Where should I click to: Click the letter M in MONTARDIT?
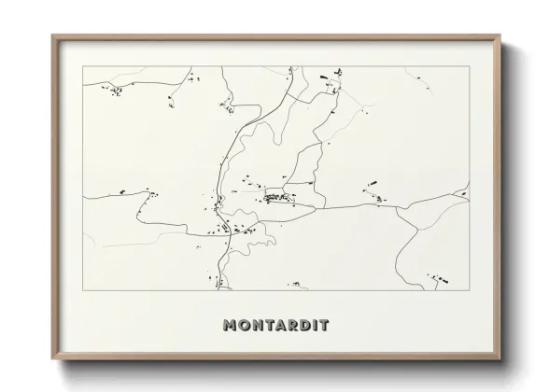[x=231, y=326]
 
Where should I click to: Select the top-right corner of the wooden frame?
[x=501, y=36]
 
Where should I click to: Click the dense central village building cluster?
[x=277, y=197]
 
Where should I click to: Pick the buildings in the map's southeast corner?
[x=436, y=277]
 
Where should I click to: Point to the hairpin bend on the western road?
[x=148, y=193]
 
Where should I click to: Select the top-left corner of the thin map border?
[x=84, y=66]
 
